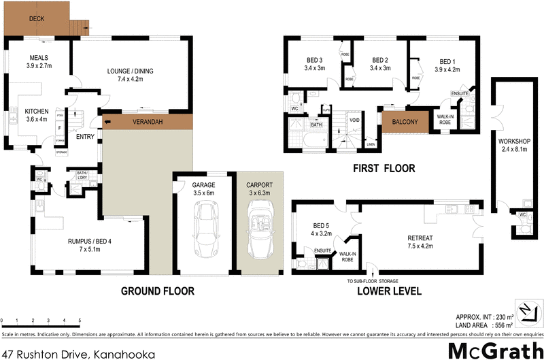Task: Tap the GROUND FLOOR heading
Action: click(x=158, y=291)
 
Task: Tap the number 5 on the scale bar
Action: click(x=80, y=320)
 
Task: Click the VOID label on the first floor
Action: click(x=354, y=121)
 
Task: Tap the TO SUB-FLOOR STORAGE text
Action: click(x=372, y=280)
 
